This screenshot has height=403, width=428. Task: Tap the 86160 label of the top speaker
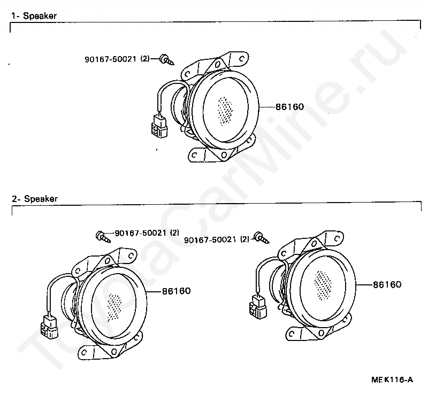(289, 107)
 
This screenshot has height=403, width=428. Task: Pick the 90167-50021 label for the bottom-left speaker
(146, 233)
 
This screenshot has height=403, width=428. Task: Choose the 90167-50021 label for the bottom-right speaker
(217, 239)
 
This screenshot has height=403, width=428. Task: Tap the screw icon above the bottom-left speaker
(102, 236)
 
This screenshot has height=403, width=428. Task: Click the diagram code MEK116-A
(392, 380)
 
